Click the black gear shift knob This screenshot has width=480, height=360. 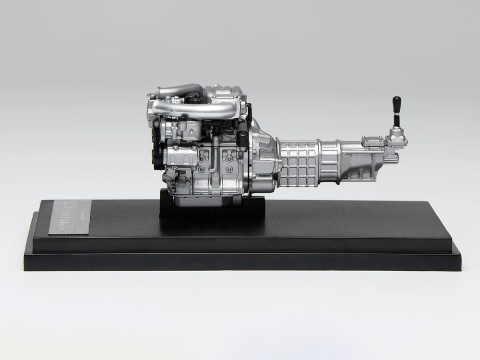pos(397,103)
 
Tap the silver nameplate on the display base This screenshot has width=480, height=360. pos(70,217)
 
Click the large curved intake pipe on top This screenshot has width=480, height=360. pos(192,108)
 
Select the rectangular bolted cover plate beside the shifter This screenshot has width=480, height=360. pos(373,141)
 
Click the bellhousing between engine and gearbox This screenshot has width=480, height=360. pos(262,158)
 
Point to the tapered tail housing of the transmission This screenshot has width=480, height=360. pos(365,161)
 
